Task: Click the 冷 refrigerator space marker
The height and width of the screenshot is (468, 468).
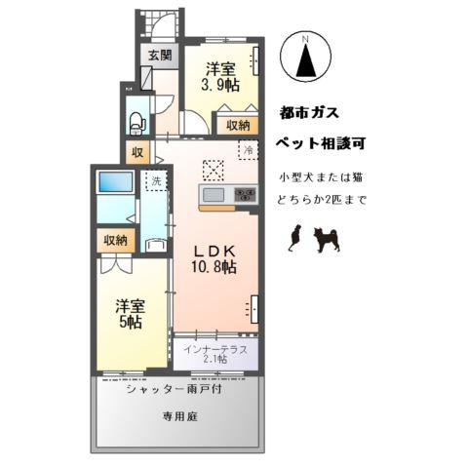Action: click(x=249, y=151)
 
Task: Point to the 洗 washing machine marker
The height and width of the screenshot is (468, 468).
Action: click(x=153, y=181)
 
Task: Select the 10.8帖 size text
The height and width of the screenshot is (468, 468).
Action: click(x=214, y=266)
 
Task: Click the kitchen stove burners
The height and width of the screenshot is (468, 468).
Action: click(x=244, y=196)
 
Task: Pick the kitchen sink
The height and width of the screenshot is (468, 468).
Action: click(x=214, y=196)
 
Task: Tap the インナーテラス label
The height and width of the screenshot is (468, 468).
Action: click(x=215, y=347)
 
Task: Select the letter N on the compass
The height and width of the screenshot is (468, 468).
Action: click(x=305, y=40)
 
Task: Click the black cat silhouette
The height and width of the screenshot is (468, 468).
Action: click(x=294, y=237)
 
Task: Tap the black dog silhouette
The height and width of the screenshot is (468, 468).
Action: click(x=326, y=239)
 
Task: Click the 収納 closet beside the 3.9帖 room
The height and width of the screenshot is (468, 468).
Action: click(x=238, y=125)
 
